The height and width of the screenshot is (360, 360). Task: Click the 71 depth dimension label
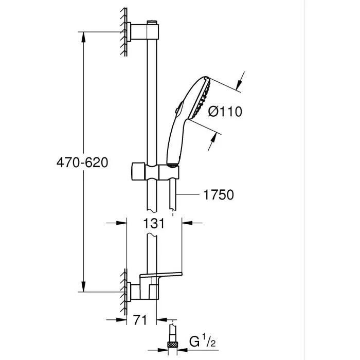[139, 320]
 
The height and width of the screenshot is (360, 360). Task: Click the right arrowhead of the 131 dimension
[186, 223]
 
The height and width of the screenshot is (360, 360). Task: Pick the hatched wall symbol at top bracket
[124, 32]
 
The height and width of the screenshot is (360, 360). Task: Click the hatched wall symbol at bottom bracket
[124, 291]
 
